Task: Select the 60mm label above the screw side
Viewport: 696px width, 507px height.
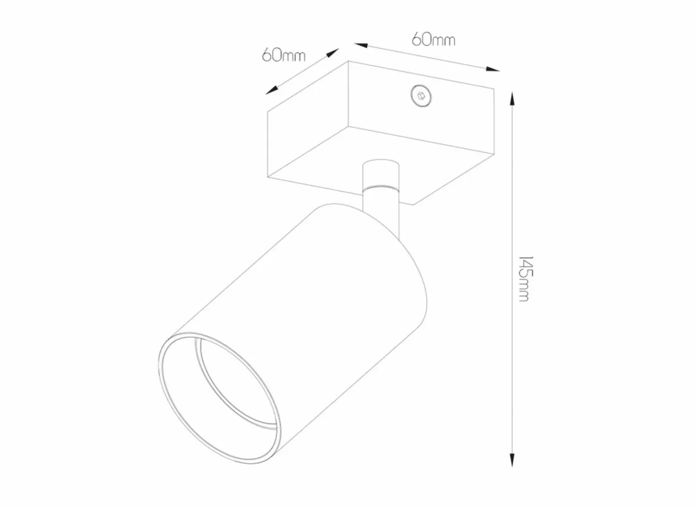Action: [434, 40]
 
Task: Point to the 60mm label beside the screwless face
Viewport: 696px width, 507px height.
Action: [284, 55]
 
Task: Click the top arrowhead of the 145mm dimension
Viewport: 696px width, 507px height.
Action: [512, 98]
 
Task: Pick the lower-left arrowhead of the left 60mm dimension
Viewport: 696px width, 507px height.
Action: [271, 90]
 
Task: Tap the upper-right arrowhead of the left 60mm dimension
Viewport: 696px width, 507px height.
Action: [332, 52]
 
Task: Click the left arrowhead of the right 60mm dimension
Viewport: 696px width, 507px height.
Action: [361, 45]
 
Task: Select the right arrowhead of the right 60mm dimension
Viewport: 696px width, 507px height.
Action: [493, 69]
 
